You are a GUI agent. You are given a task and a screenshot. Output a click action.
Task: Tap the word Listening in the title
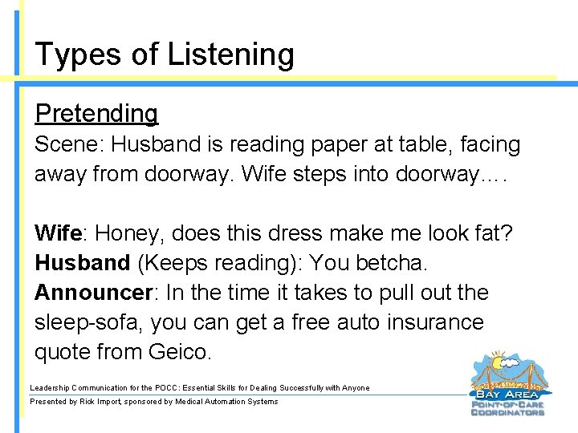pyautogui.click(x=231, y=55)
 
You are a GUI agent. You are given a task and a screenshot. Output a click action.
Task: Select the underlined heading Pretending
pyautogui.click(x=96, y=114)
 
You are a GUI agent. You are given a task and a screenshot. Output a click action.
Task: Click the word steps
pyautogui.click(x=315, y=175)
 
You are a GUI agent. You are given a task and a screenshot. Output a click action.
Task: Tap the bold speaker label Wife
pyautogui.click(x=59, y=233)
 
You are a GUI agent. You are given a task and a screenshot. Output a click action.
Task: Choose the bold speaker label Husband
pyautogui.click(x=82, y=263)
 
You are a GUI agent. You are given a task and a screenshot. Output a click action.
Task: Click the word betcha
pyautogui.click(x=392, y=263)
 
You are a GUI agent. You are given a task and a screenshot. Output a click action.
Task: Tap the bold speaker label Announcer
pyautogui.click(x=93, y=293)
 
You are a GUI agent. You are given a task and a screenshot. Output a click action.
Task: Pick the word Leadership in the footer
pyautogui.click(x=52, y=388)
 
